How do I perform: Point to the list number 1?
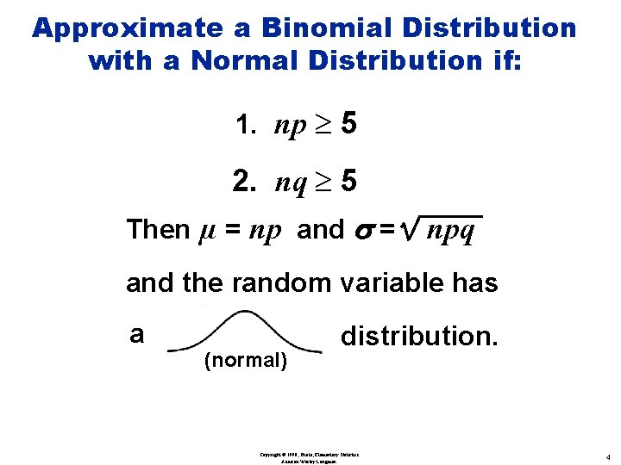coord(245,127)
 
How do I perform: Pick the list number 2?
coord(244,182)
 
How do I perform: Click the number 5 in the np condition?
coord(348,126)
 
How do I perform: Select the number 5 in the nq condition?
coord(348,182)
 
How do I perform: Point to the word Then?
coord(158,230)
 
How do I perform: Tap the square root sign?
coord(407,228)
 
